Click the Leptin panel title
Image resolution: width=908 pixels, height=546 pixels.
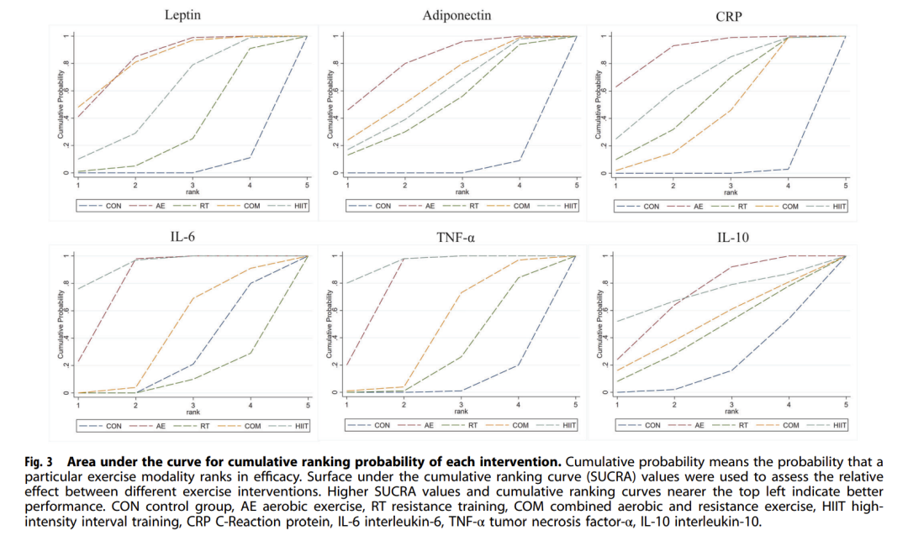click(x=182, y=14)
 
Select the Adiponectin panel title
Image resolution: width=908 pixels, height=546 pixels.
click(x=457, y=15)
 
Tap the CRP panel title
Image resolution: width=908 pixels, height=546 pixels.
click(x=728, y=17)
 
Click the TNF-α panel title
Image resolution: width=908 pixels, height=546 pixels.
click(x=456, y=237)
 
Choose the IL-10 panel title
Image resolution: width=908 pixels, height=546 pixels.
click(x=732, y=237)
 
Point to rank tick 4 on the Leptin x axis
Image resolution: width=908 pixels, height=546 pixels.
click(x=251, y=185)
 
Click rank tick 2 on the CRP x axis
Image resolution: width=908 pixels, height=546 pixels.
click(x=673, y=186)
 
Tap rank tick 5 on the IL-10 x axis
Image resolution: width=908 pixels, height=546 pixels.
click(x=846, y=405)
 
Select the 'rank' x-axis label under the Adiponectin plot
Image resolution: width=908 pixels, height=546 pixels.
click(x=462, y=192)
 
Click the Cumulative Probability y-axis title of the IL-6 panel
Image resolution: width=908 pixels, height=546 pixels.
click(x=61, y=324)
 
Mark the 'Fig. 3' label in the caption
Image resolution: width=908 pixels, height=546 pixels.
click(x=39, y=462)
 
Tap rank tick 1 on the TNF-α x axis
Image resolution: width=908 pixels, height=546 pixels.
click(x=347, y=404)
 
